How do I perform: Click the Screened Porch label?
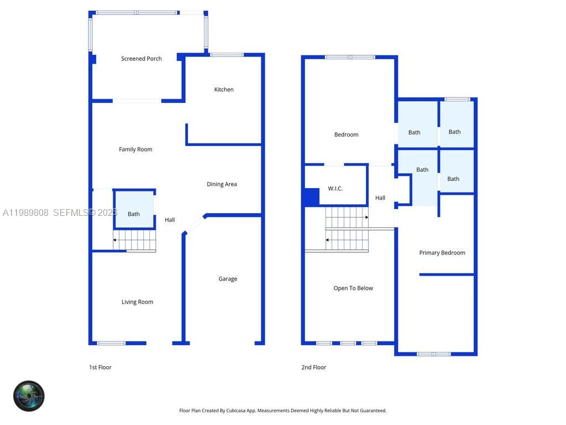click(141, 59)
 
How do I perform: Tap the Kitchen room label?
click(224, 90)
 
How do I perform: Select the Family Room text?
click(135, 149)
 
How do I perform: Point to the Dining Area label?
click(222, 184)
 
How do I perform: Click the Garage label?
click(228, 279)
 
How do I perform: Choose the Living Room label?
click(137, 302)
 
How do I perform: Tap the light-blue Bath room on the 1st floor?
click(134, 210)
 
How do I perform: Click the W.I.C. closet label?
click(335, 189)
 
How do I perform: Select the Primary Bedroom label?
click(442, 253)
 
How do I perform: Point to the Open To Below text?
click(353, 288)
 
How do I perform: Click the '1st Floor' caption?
click(100, 367)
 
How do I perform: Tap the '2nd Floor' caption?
click(313, 367)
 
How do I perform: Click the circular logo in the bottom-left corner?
click(29, 396)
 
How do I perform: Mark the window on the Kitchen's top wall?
click(227, 55)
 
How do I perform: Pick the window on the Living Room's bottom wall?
click(111, 343)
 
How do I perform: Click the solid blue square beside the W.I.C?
click(312, 197)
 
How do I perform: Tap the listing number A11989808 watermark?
click(25, 212)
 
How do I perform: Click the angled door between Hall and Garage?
click(194, 225)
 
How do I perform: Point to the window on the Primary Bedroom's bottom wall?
click(434, 354)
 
